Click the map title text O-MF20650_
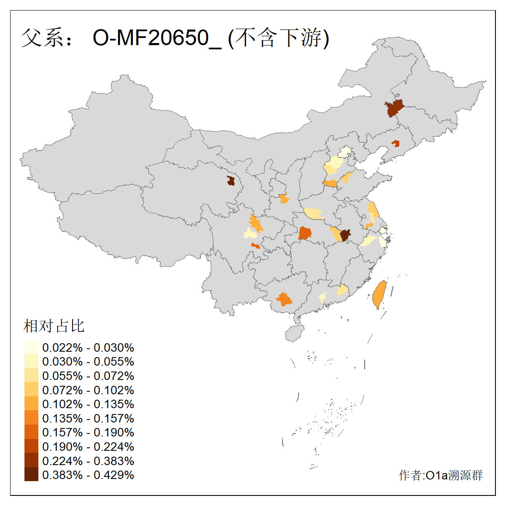tap(156, 38)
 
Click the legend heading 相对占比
tap(54, 326)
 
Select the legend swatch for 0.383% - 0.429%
tap(31, 474)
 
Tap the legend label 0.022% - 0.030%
tap(88, 347)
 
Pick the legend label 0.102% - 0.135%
tap(88, 404)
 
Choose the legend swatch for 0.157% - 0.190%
tap(31, 432)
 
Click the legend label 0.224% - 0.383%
tap(88, 460)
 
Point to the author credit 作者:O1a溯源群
tap(441, 475)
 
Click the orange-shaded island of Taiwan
tap(379, 294)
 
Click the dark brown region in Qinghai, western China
tap(231, 181)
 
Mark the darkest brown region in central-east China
tap(345, 235)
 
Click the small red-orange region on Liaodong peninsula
tap(396, 143)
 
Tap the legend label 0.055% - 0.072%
tap(88, 376)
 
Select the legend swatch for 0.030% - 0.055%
tap(31, 361)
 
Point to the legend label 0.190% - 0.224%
tap(88, 447)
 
